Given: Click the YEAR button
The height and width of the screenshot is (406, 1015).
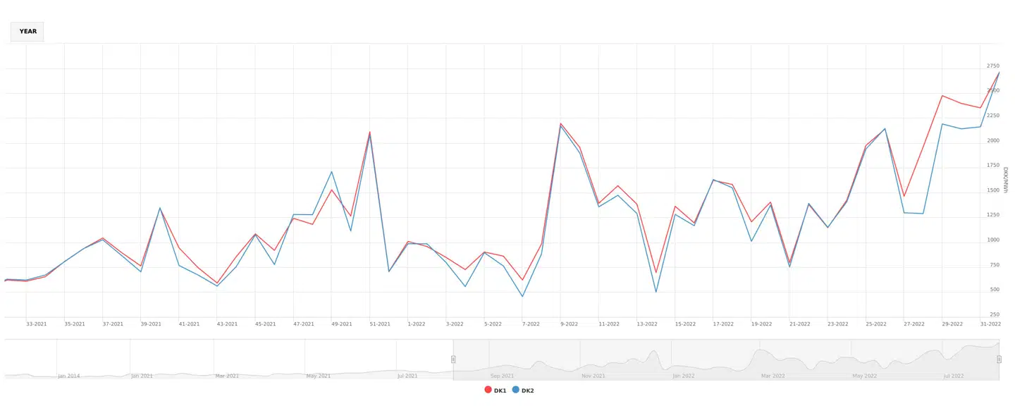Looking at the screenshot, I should coord(27,32).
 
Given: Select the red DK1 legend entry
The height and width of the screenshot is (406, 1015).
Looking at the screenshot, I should coord(496,390).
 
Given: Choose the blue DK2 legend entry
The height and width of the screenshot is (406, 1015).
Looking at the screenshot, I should coord(522,390).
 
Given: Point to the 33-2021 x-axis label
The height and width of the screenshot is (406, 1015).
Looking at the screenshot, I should coord(37,324).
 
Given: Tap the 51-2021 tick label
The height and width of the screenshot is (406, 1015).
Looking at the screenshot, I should coord(379,324).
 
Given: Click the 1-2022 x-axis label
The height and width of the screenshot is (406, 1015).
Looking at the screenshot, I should coord(417,324).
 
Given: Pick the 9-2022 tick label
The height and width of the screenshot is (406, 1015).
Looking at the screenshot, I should coord(569,324).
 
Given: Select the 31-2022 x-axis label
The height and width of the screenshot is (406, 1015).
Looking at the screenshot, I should coord(990,324).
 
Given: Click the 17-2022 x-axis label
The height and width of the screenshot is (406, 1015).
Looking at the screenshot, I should coord(723,324).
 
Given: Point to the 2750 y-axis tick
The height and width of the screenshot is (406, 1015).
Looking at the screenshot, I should coord(992,66).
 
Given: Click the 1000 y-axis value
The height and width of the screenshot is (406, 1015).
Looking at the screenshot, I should coord(992,240).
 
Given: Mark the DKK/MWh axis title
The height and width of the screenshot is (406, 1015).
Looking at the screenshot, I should coord(1006,180).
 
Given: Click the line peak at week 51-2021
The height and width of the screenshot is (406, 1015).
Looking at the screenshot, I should coord(370,133).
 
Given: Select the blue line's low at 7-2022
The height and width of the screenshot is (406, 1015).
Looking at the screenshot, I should coord(522,296).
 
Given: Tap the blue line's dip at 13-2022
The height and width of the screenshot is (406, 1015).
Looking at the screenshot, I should coord(656,292).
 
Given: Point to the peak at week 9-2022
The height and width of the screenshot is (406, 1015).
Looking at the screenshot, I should coord(561,124).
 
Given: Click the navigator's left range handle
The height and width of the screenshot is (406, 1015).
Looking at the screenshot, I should coord(453,359).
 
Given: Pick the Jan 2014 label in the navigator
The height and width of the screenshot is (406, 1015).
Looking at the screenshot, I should coord(69,376).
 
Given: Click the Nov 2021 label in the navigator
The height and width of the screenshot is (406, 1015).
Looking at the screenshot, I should coord(593,376).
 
